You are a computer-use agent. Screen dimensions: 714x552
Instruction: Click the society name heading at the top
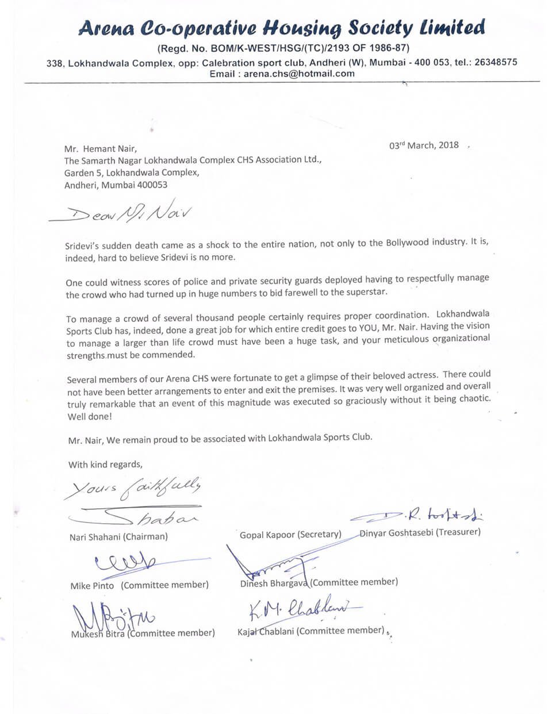[x=281, y=28]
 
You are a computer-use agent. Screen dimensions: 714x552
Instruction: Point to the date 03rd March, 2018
[x=424, y=145]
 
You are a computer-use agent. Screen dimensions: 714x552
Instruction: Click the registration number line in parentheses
[x=283, y=48]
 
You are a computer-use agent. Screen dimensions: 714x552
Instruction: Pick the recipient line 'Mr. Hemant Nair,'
[x=101, y=149]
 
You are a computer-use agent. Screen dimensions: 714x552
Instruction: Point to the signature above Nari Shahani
[x=144, y=517]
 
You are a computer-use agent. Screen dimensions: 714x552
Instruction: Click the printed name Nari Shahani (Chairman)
[x=118, y=537]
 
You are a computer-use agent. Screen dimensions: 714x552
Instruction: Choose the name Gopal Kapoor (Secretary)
[x=290, y=535]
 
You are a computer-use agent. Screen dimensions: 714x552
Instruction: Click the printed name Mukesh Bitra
[x=97, y=634]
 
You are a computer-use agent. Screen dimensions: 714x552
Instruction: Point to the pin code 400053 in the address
[x=151, y=185]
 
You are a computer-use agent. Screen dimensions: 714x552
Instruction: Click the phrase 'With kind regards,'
[x=105, y=465]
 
